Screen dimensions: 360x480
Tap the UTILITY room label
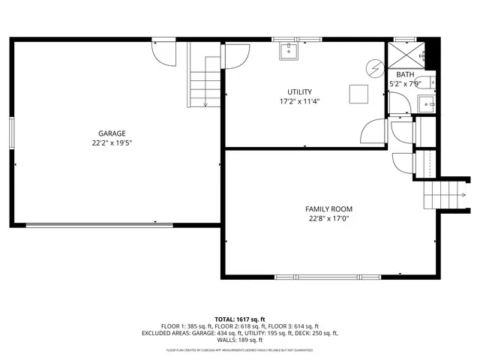295,91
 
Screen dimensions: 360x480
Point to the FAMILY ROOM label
328,209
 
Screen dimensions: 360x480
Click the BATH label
405,74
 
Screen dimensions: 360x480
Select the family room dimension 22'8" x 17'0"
328,219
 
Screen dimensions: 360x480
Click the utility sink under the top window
289,51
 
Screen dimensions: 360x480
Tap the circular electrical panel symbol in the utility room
373,67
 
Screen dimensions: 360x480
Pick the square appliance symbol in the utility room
357,93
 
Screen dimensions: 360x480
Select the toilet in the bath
435,82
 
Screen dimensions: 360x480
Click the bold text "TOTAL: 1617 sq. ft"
240,319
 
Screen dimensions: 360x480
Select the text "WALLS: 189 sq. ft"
240,340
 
